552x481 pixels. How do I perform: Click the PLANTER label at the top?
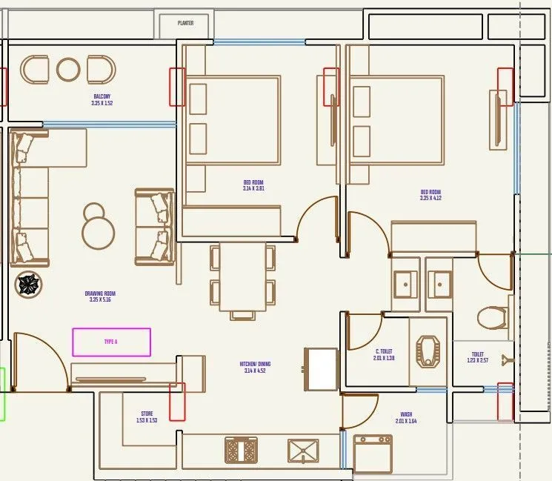185,23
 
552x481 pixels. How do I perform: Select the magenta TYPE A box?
111,342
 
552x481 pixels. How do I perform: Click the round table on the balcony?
68,70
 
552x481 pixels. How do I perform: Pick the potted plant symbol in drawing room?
28,284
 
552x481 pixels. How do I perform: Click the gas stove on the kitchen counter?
241,449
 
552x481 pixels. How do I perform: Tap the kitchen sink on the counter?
303,449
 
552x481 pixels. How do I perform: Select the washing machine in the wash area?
373,453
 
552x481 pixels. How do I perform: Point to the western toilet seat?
491,317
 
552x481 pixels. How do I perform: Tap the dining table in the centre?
242,274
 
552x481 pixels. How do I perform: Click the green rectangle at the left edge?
2,394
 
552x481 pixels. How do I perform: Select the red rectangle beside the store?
177,401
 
